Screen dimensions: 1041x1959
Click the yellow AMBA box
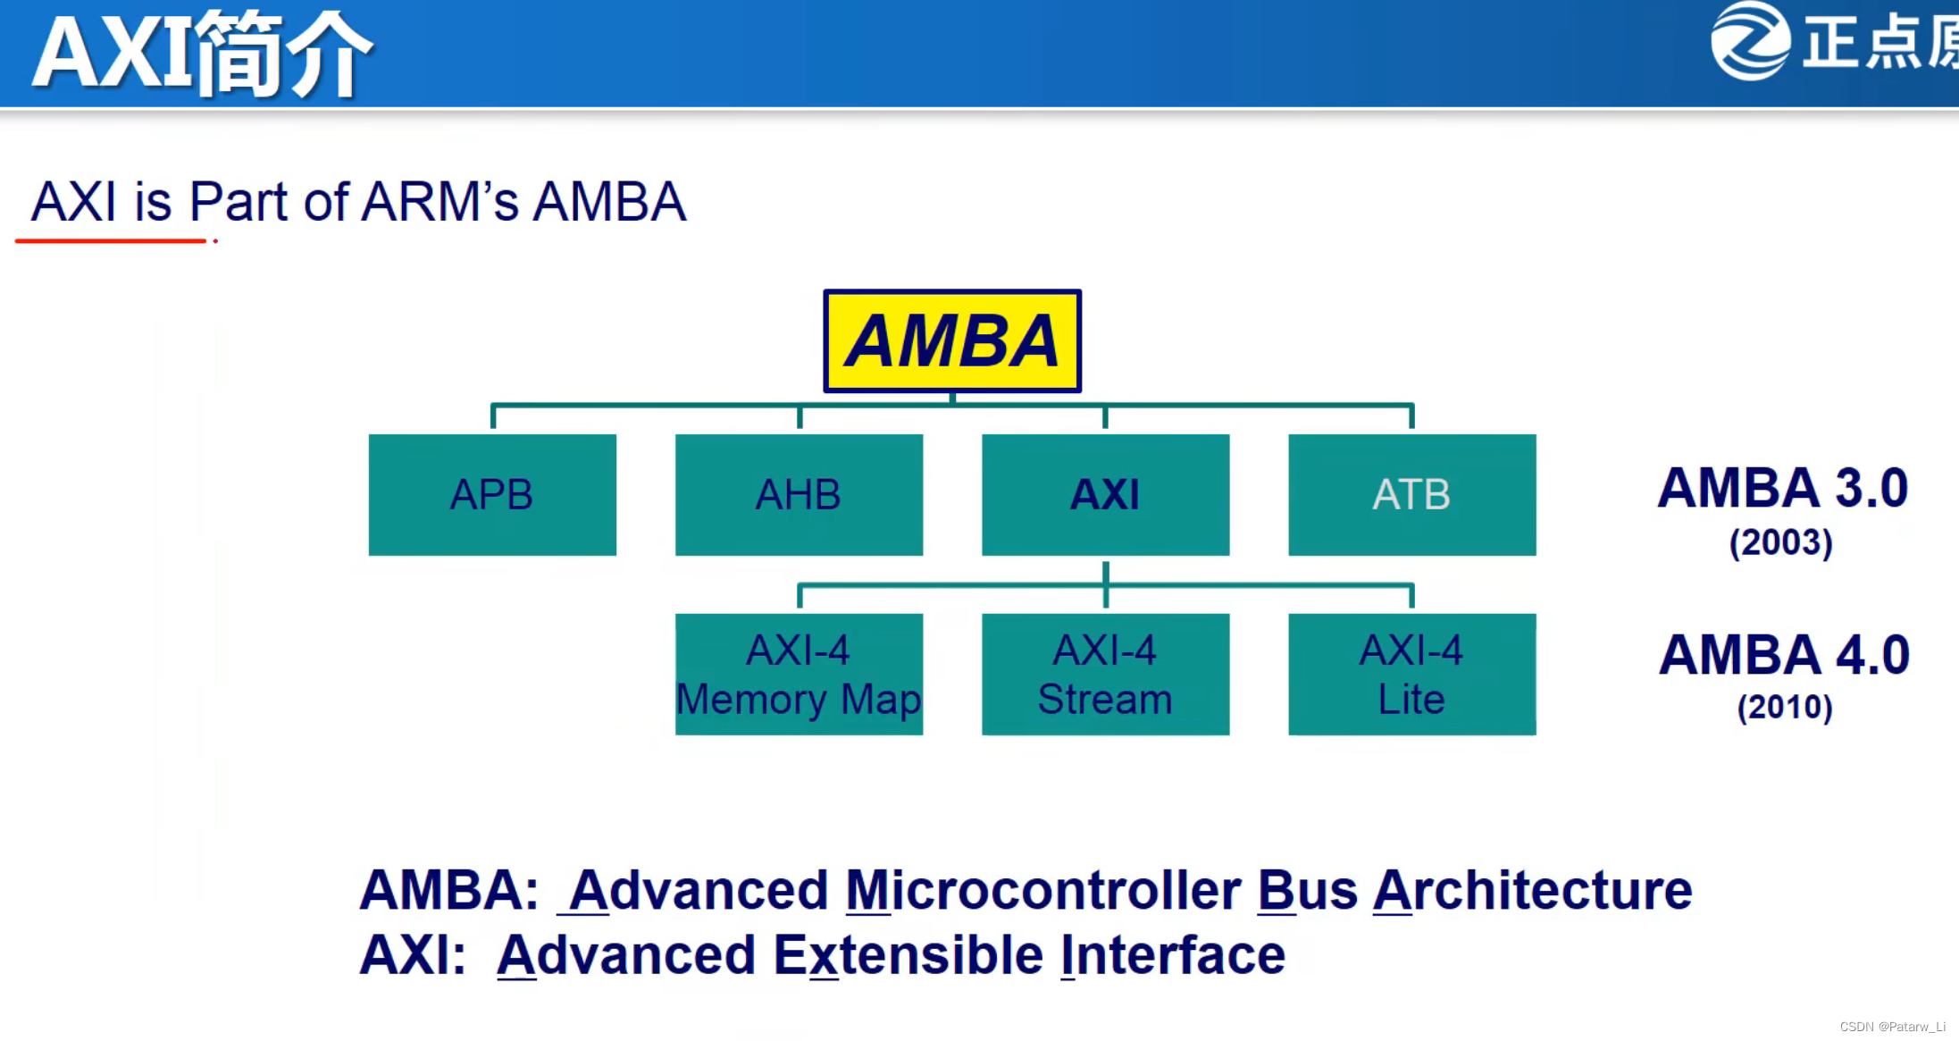coord(952,341)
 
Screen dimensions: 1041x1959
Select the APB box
coord(492,495)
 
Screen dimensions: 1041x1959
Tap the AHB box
coord(799,495)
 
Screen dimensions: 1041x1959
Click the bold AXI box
coord(1105,495)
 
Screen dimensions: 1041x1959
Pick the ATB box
coord(1411,495)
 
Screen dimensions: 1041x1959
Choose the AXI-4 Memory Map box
coord(799,675)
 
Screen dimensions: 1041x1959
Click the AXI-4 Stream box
coord(1105,675)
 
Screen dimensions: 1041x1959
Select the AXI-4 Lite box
coord(1411,675)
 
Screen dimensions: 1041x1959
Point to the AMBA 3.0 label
coord(1782,488)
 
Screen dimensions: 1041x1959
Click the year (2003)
coord(1780,543)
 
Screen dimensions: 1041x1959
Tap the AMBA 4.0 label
coord(1784,655)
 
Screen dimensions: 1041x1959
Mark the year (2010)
coord(1784,708)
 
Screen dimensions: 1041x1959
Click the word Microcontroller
coord(1042,891)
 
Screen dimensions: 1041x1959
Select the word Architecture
coord(1532,891)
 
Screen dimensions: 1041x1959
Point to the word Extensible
coord(908,955)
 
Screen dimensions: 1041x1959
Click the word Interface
coord(1173,955)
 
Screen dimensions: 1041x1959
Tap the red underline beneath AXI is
coord(111,240)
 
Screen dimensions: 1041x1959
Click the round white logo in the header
coord(1750,41)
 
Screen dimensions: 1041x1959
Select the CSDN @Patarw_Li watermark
coord(1892,1027)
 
